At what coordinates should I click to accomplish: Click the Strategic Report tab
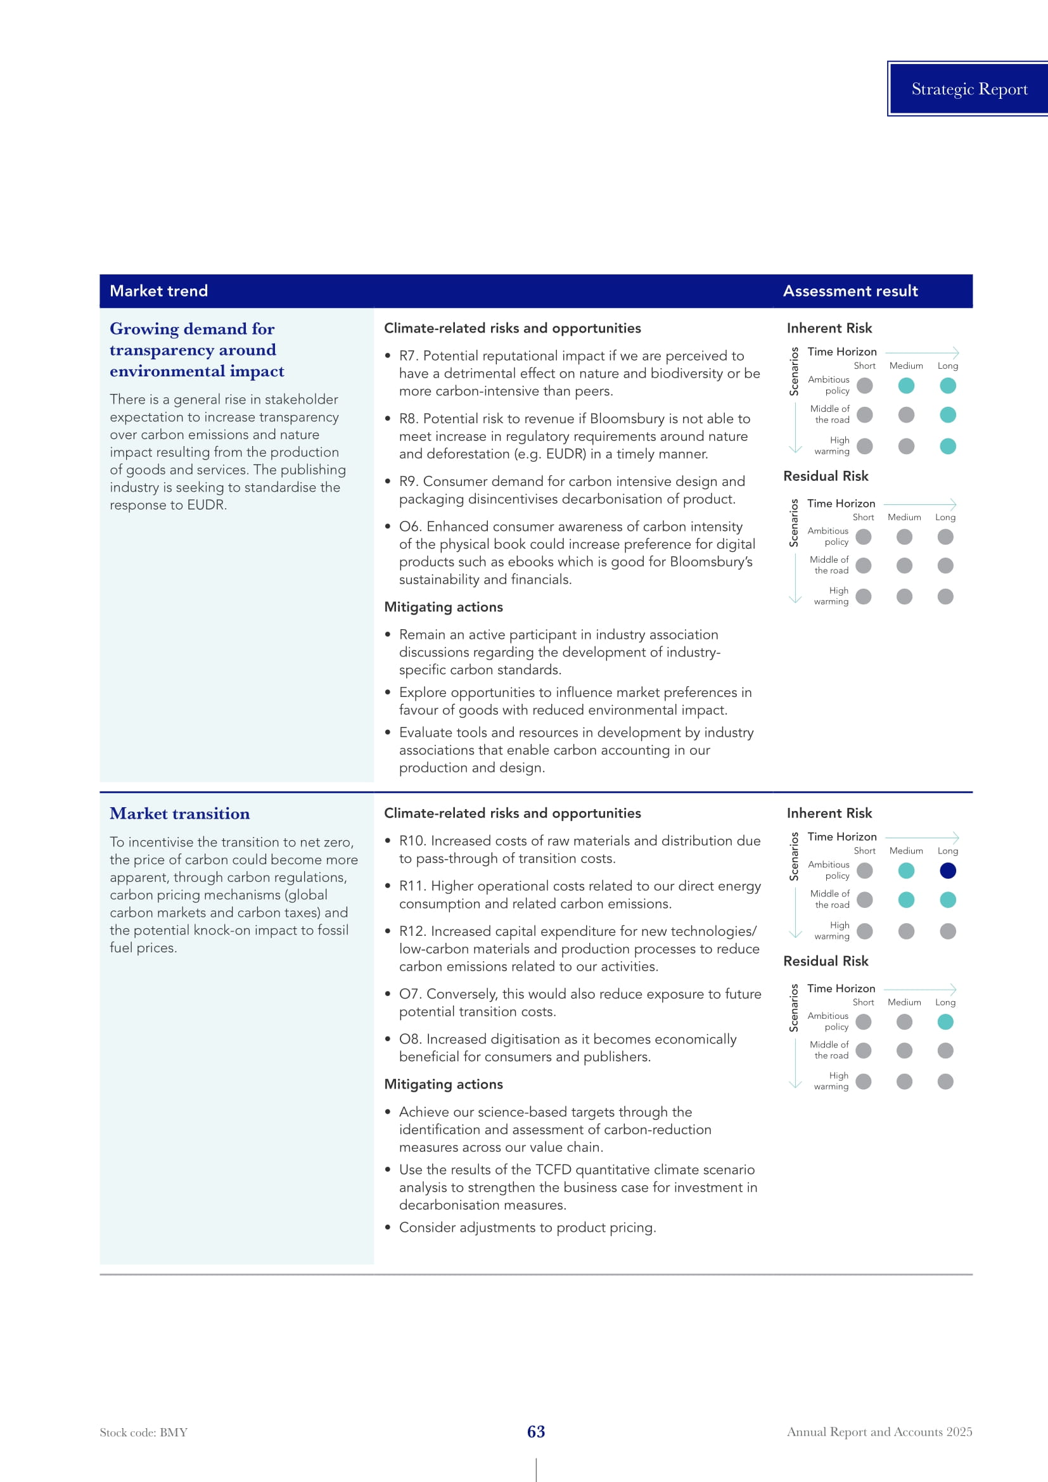point(969,89)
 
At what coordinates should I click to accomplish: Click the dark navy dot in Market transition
point(947,871)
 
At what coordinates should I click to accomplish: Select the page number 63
point(535,1432)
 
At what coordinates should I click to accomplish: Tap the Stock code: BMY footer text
point(143,1433)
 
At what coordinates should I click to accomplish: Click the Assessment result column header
point(850,291)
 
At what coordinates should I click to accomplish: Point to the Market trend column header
point(159,291)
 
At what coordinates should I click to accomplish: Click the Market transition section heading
point(179,814)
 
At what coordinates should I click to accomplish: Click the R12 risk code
point(412,931)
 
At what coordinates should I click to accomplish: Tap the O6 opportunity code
point(410,527)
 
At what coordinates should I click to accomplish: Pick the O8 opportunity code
point(410,1039)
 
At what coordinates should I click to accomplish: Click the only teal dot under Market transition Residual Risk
point(945,1022)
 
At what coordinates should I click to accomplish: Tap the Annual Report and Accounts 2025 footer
point(879,1432)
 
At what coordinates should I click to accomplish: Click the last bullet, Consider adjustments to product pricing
point(527,1227)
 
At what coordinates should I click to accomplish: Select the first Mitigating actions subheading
point(444,607)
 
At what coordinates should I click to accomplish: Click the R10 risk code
point(412,841)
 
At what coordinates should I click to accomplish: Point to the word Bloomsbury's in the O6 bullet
point(711,561)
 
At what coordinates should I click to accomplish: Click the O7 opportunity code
point(410,994)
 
